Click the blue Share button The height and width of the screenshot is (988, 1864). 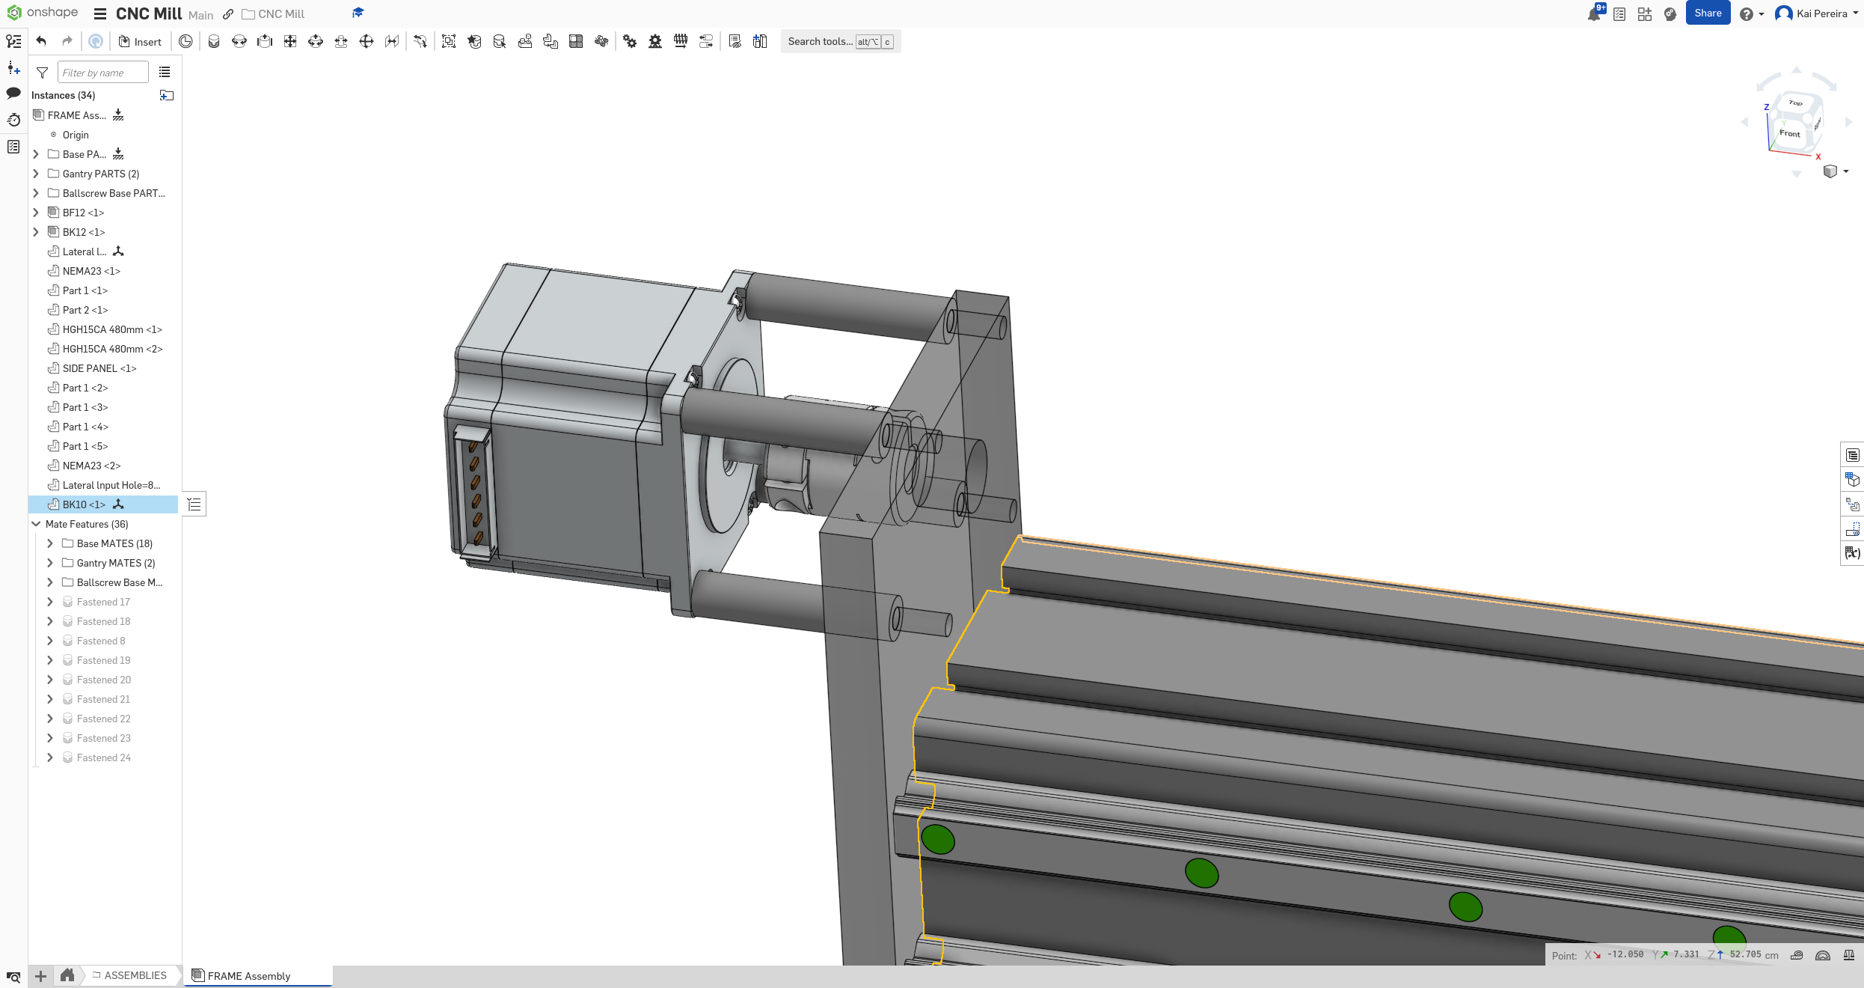point(1707,13)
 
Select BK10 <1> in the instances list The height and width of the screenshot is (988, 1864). point(84,504)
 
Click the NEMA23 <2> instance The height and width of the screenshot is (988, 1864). point(91,466)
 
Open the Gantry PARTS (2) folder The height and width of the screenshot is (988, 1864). point(100,174)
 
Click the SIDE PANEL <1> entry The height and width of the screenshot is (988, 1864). point(99,368)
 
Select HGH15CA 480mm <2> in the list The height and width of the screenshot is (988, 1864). point(112,349)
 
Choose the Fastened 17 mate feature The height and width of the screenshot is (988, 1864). point(103,602)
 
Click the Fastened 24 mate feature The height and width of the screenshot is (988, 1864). point(103,757)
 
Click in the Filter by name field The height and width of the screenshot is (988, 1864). point(102,73)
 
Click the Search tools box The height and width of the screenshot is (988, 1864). point(820,42)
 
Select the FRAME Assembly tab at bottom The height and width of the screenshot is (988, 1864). point(248,976)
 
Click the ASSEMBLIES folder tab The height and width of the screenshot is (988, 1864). point(135,975)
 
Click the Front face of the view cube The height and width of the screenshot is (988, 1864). point(1789,133)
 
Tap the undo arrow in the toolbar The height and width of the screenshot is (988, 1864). point(42,42)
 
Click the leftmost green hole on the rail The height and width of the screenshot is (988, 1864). point(938,839)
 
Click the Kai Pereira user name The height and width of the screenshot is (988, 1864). point(1821,13)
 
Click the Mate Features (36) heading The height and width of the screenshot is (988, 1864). point(87,524)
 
